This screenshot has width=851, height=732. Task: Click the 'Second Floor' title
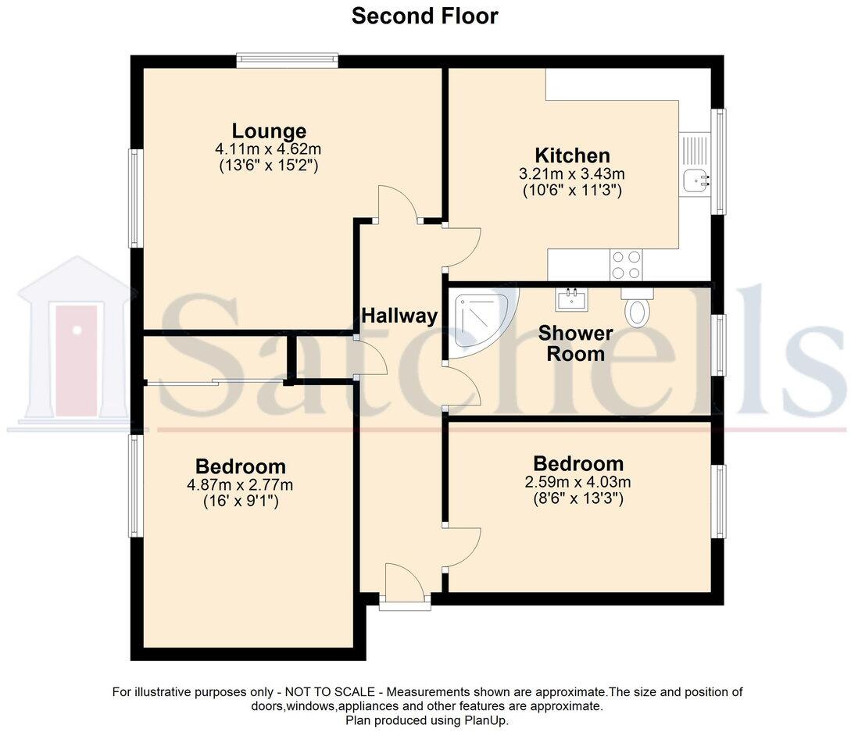click(424, 16)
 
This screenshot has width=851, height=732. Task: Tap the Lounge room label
click(269, 130)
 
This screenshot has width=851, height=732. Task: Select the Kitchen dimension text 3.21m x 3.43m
click(572, 173)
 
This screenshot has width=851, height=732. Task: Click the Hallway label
click(399, 316)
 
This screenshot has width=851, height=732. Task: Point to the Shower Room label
click(575, 344)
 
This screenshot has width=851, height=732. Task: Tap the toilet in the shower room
click(638, 308)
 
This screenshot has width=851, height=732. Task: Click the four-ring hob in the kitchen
click(626, 264)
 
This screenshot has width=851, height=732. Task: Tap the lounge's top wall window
click(288, 60)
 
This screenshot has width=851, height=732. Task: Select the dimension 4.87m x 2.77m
click(240, 485)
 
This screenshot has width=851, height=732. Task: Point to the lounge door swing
click(397, 203)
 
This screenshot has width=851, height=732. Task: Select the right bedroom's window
click(719, 502)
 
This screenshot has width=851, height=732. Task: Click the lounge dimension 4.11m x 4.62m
click(269, 148)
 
